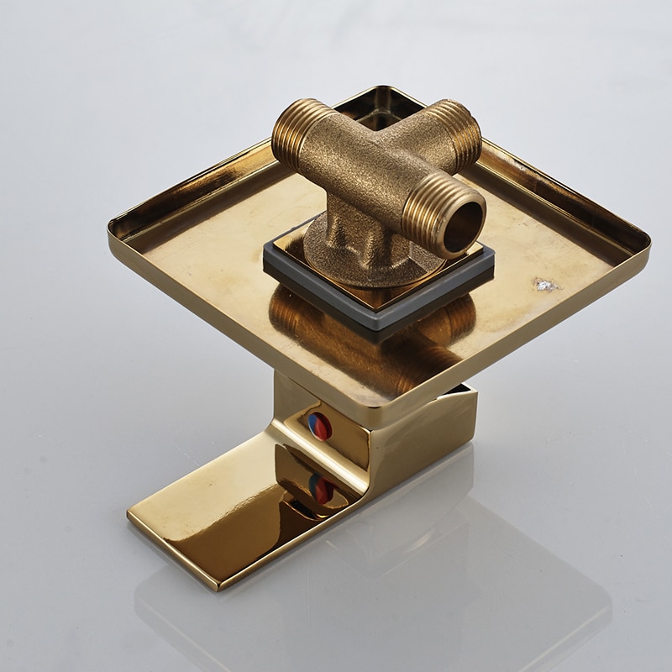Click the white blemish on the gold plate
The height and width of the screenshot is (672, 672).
(547, 285)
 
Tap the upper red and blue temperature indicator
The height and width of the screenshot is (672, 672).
(320, 427)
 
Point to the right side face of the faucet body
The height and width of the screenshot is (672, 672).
(428, 437)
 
